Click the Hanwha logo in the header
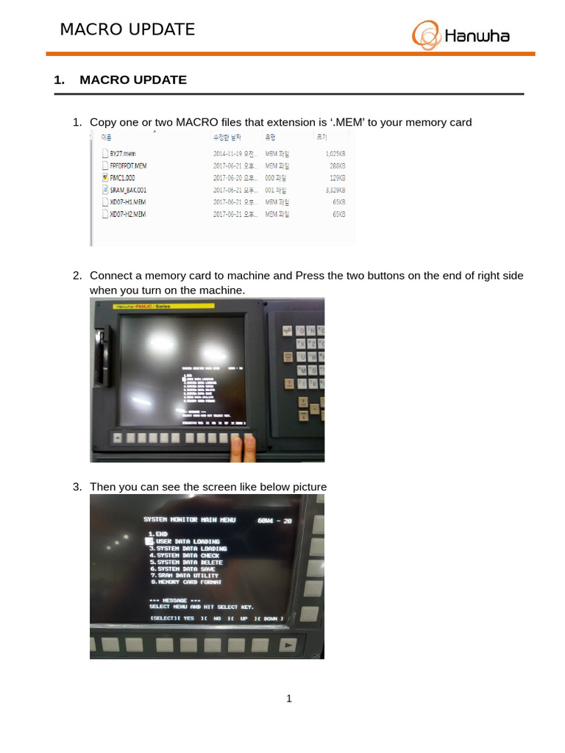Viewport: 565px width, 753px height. tap(461, 35)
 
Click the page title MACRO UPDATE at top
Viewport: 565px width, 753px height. tap(127, 29)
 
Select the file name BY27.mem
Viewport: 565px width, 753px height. tap(123, 154)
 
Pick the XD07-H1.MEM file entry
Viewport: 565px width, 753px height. tap(127, 201)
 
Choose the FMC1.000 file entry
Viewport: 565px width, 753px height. tap(122, 178)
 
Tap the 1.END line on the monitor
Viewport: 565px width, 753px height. tap(158, 534)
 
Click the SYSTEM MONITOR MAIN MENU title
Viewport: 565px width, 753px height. tap(190, 520)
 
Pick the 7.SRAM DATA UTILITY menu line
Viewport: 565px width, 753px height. tap(185, 576)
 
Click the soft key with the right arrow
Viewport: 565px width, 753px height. tap(288, 645)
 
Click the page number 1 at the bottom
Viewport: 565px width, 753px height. tap(289, 699)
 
